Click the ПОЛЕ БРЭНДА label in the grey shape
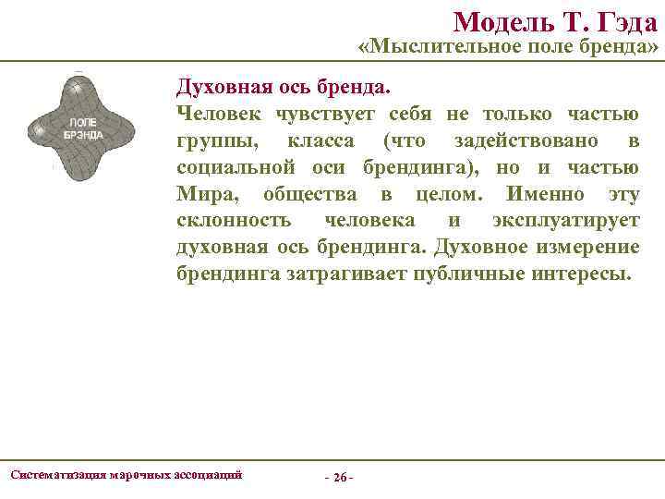[x=83, y=128]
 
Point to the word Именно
[x=545, y=195]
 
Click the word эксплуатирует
[x=564, y=222]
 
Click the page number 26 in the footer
[x=339, y=478]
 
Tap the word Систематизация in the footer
[x=57, y=474]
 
